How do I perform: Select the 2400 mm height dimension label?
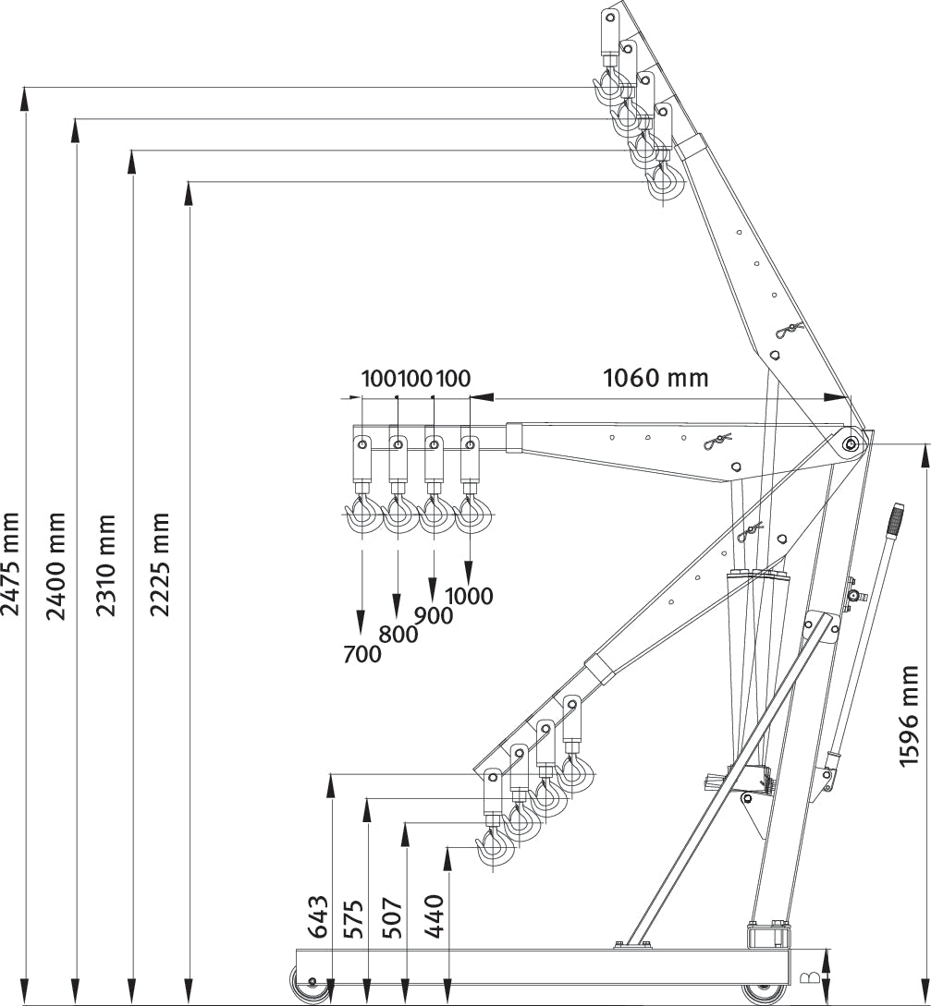pos(57,565)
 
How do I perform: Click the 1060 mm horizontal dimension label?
pos(655,378)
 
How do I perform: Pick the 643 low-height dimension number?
pos(317,917)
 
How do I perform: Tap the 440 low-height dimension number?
pos(435,917)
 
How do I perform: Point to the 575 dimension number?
pos(353,917)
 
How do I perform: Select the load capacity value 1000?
pos(469,596)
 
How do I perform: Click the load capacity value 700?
pos(361,654)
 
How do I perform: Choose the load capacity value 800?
pos(398,635)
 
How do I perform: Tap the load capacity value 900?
pos(434,615)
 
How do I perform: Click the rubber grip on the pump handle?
pos(895,518)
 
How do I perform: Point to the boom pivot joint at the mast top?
pos(850,444)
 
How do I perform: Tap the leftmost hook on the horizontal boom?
pos(361,514)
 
